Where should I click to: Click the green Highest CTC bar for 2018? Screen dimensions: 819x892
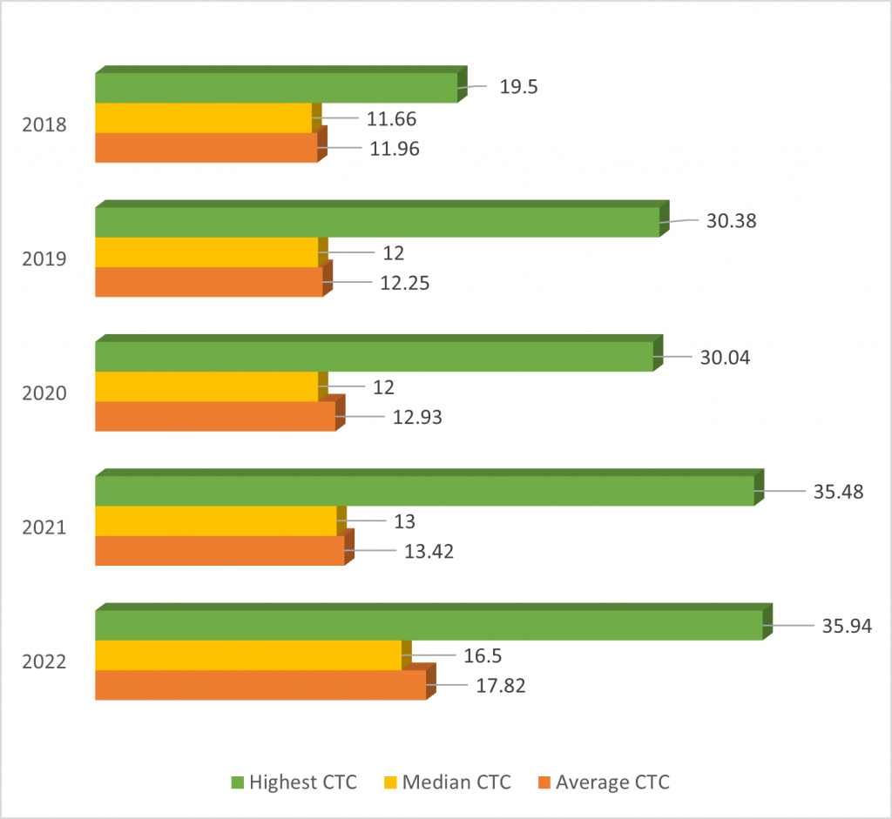coord(276,88)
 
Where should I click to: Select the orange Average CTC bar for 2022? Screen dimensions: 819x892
coord(260,685)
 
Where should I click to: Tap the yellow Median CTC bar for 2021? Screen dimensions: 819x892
coord(215,521)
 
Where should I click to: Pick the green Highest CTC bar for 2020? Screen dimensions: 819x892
coord(374,357)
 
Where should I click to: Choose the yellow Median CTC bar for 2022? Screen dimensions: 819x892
coord(247,655)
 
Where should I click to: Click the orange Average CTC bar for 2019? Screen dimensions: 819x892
coord(208,282)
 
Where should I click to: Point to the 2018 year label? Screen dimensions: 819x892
coord(45,124)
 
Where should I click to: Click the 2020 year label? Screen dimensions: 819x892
coord(45,393)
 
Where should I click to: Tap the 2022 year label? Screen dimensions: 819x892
coord(45,662)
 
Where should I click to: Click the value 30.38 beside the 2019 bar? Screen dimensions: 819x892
coord(732,220)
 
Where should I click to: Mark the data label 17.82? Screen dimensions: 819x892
coord(502,685)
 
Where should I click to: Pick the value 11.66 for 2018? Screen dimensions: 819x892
coord(393,118)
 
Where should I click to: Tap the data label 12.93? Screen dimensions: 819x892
coord(418,418)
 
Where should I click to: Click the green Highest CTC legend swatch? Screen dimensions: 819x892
coord(237,782)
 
